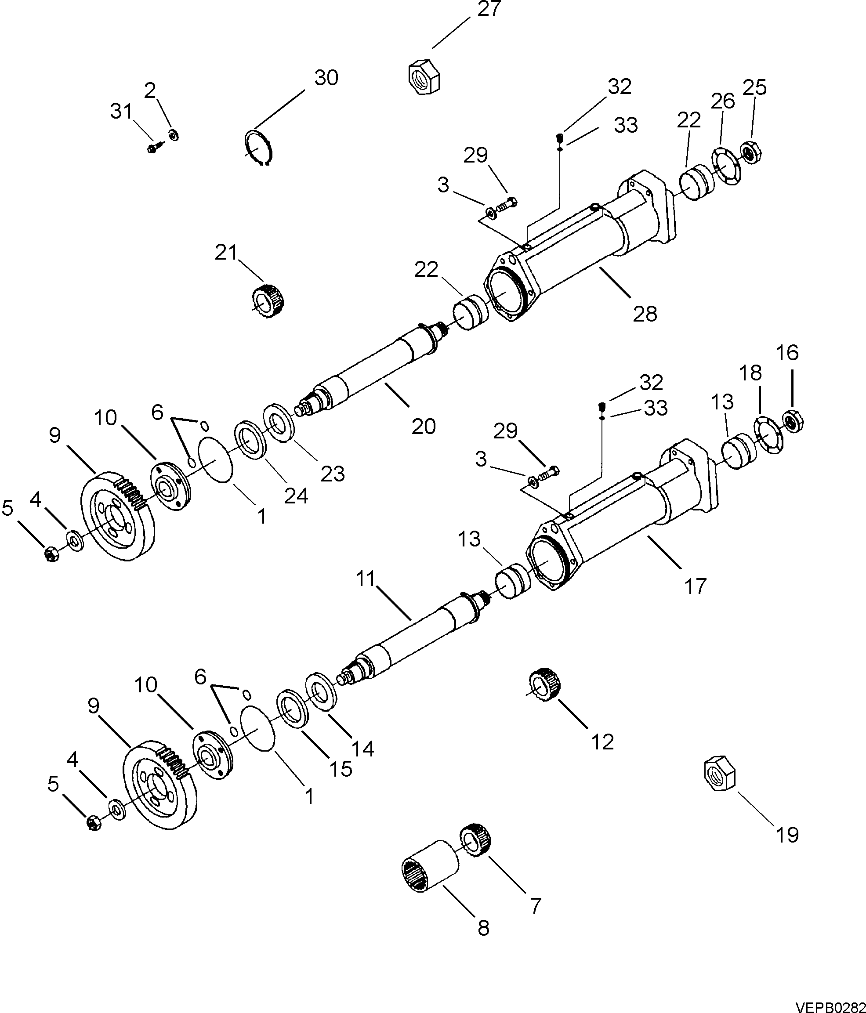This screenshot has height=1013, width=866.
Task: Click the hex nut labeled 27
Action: click(424, 77)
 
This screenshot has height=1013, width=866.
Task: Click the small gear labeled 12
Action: click(544, 685)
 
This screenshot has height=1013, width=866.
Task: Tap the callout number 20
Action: click(424, 427)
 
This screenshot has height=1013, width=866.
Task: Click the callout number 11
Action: click(365, 579)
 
